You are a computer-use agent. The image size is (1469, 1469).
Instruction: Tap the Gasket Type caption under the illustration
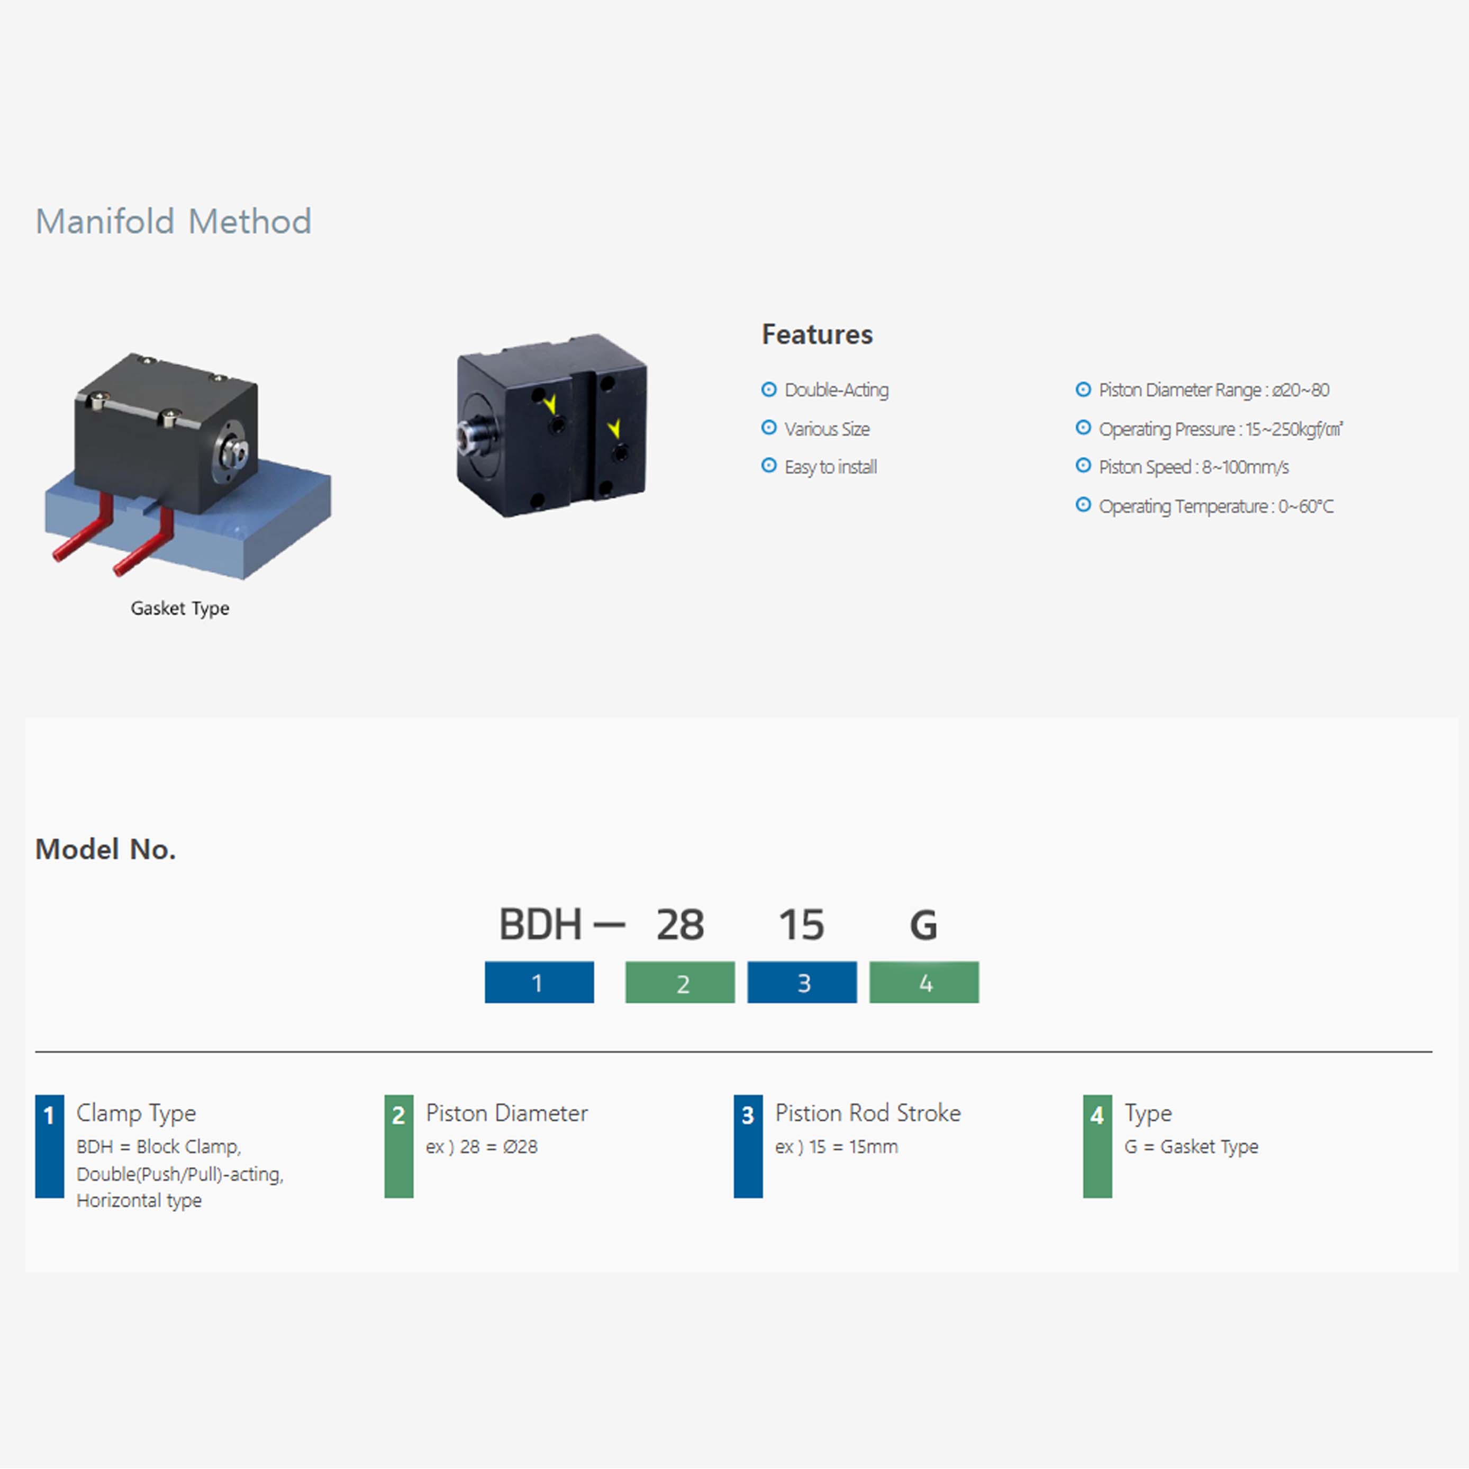click(179, 608)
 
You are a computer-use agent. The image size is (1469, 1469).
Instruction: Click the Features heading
click(818, 334)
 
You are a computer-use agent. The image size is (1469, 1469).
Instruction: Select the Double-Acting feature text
click(837, 390)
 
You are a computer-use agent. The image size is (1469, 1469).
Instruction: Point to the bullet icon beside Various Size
click(769, 428)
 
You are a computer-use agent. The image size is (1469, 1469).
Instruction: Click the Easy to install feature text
click(830, 467)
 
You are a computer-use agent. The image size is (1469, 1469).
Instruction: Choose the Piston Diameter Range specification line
click(1213, 390)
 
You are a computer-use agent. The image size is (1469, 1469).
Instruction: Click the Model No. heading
click(106, 849)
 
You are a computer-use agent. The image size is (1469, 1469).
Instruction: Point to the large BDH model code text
click(540, 924)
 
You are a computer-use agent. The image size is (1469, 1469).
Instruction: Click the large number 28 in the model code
click(680, 924)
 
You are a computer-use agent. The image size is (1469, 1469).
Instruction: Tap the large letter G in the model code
click(923, 924)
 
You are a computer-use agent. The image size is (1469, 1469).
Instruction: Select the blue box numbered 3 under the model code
click(802, 982)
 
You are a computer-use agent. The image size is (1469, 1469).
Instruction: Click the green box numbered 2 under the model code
click(680, 982)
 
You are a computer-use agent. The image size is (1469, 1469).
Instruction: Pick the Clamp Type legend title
click(136, 1113)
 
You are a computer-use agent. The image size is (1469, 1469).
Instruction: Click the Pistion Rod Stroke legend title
click(867, 1113)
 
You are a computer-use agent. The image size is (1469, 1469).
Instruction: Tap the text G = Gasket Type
click(1191, 1147)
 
